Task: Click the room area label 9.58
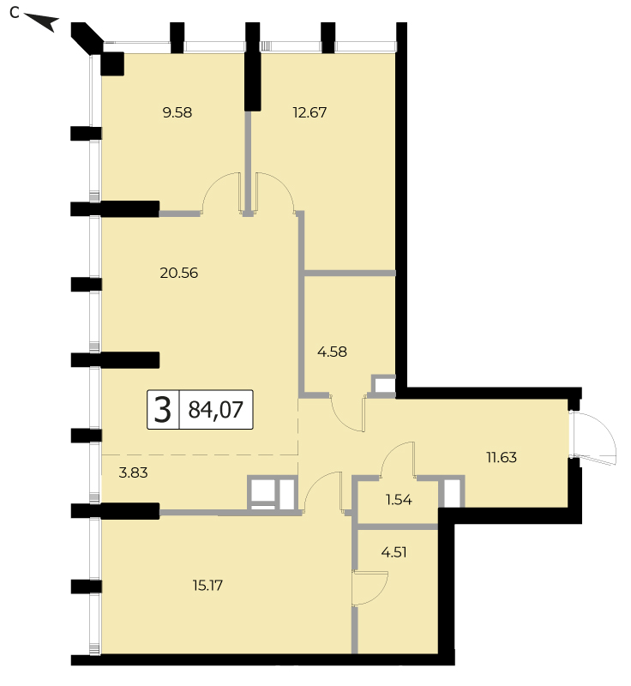pyautogui.click(x=177, y=112)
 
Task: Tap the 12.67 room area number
pyautogui.click(x=309, y=112)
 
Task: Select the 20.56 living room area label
pyautogui.click(x=179, y=273)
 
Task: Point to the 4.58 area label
pyautogui.click(x=332, y=352)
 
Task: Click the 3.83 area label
pyautogui.click(x=134, y=472)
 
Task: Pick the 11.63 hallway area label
pyautogui.click(x=502, y=457)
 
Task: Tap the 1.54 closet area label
pyautogui.click(x=399, y=499)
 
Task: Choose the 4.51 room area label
pyautogui.click(x=394, y=552)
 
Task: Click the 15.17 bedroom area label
pyautogui.click(x=207, y=585)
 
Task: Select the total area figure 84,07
pyautogui.click(x=215, y=410)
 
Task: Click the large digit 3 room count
pyautogui.click(x=163, y=411)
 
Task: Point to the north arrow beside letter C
pyautogui.click(x=41, y=22)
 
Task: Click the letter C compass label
pyautogui.click(x=15, y=13)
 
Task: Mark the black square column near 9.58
pyautogui.click(x=112, y=63)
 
